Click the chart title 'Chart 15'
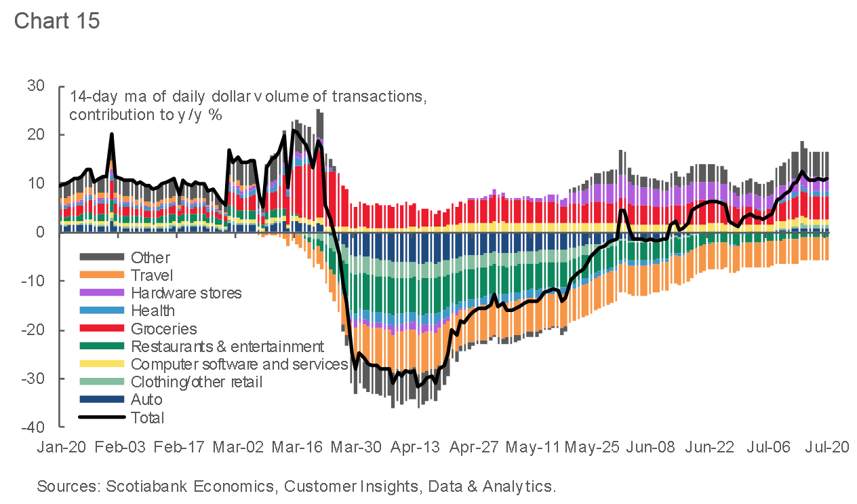[57, 20]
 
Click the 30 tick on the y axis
[36, 86]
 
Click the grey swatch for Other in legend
[102, 257]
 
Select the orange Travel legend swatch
[102, 275]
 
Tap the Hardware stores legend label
[186, 293]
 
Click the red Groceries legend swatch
[102, 328]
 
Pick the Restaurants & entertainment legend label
[228, 347]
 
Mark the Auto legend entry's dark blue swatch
[102, 400]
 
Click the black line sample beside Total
[102, 417]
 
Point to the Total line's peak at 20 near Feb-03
[112, 134]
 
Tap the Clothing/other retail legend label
[197, 382]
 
